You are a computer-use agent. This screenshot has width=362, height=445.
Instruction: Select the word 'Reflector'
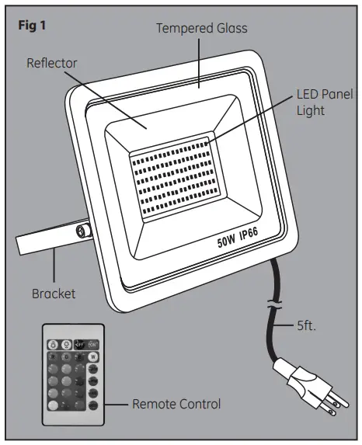[x=53, y=61]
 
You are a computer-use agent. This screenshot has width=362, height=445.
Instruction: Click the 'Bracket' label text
[x=54, y=294]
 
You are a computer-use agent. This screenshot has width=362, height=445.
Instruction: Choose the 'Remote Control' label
[x=176, y=404]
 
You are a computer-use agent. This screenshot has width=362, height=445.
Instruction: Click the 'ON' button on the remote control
[x=93, y=344]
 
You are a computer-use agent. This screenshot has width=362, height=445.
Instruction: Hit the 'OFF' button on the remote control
[x=79, y=344]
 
